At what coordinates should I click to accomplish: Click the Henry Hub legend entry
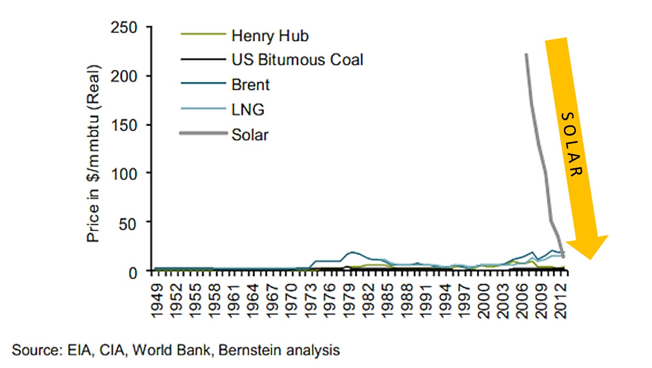(270, 36)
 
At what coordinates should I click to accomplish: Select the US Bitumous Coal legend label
(297, 60)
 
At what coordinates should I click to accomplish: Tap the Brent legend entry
(250, 84)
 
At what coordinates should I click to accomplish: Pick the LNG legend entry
(247, 109)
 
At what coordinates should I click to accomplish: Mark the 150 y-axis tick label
(125, 125)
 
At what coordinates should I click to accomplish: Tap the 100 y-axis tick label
(125, 174)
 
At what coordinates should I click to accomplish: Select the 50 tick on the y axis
(129, 222)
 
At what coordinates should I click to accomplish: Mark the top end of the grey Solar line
(526, 54)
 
